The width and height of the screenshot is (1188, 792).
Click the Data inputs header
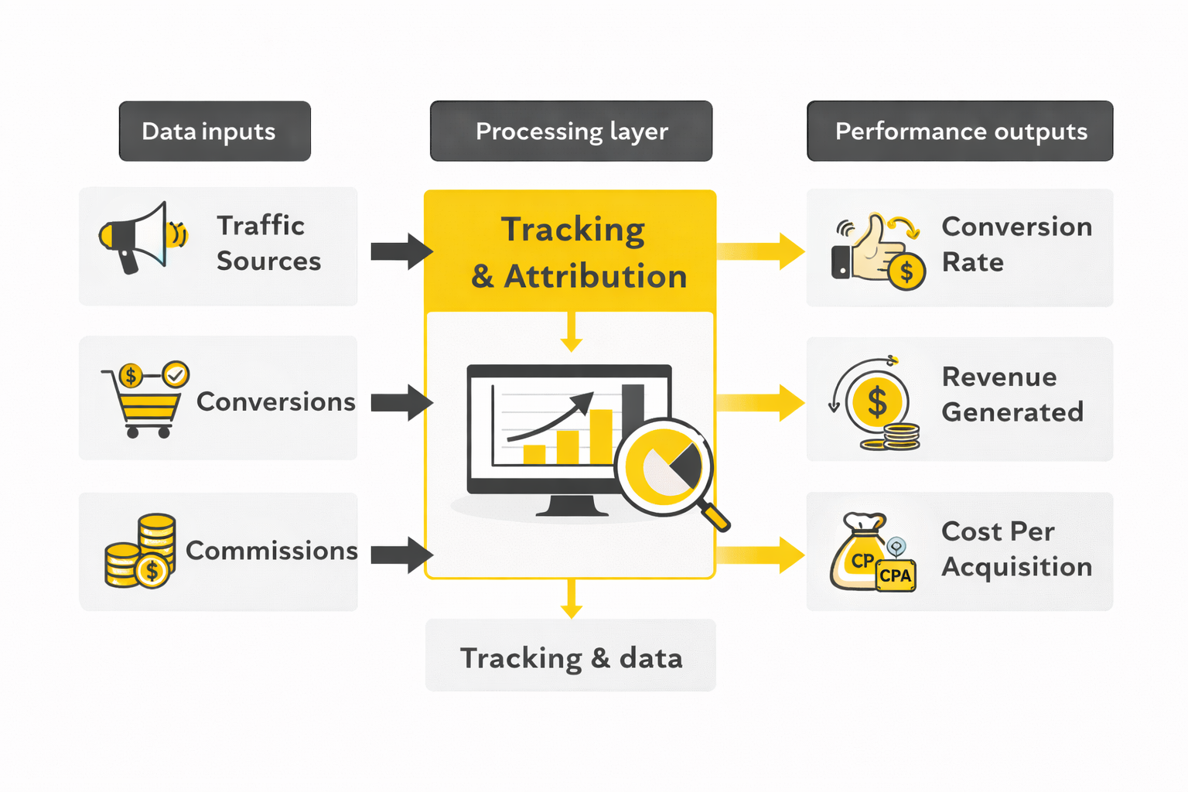pyautogui.click(x=214, y=131)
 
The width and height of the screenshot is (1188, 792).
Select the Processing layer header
pyautogui.click(x=571, y=131)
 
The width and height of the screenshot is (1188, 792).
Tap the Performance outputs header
pyautogui.click(x=960, y=131)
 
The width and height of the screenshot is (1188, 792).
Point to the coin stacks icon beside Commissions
pyautogui.click(x=141, y=551)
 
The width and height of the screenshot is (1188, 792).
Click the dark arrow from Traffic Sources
pyautogui.click(x=401, y=251)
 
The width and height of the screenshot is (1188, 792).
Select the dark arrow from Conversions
pyautogui.click(x=401, y=402)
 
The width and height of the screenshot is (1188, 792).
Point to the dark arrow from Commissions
pyautogui.click(x=401, y=555)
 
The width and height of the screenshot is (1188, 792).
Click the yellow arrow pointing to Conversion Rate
pyautogui.click(x=761, y=251)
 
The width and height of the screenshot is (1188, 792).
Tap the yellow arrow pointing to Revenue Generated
pyautogui.click(x=761, y=402)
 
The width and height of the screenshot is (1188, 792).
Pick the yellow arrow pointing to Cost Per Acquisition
pyautogui.click(x=761, y=555)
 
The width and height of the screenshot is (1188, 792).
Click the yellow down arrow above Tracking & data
pyautogui.click(x=571, y=599)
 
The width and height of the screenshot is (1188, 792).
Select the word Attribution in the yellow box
pyautogui.click(x=596, y=276)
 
